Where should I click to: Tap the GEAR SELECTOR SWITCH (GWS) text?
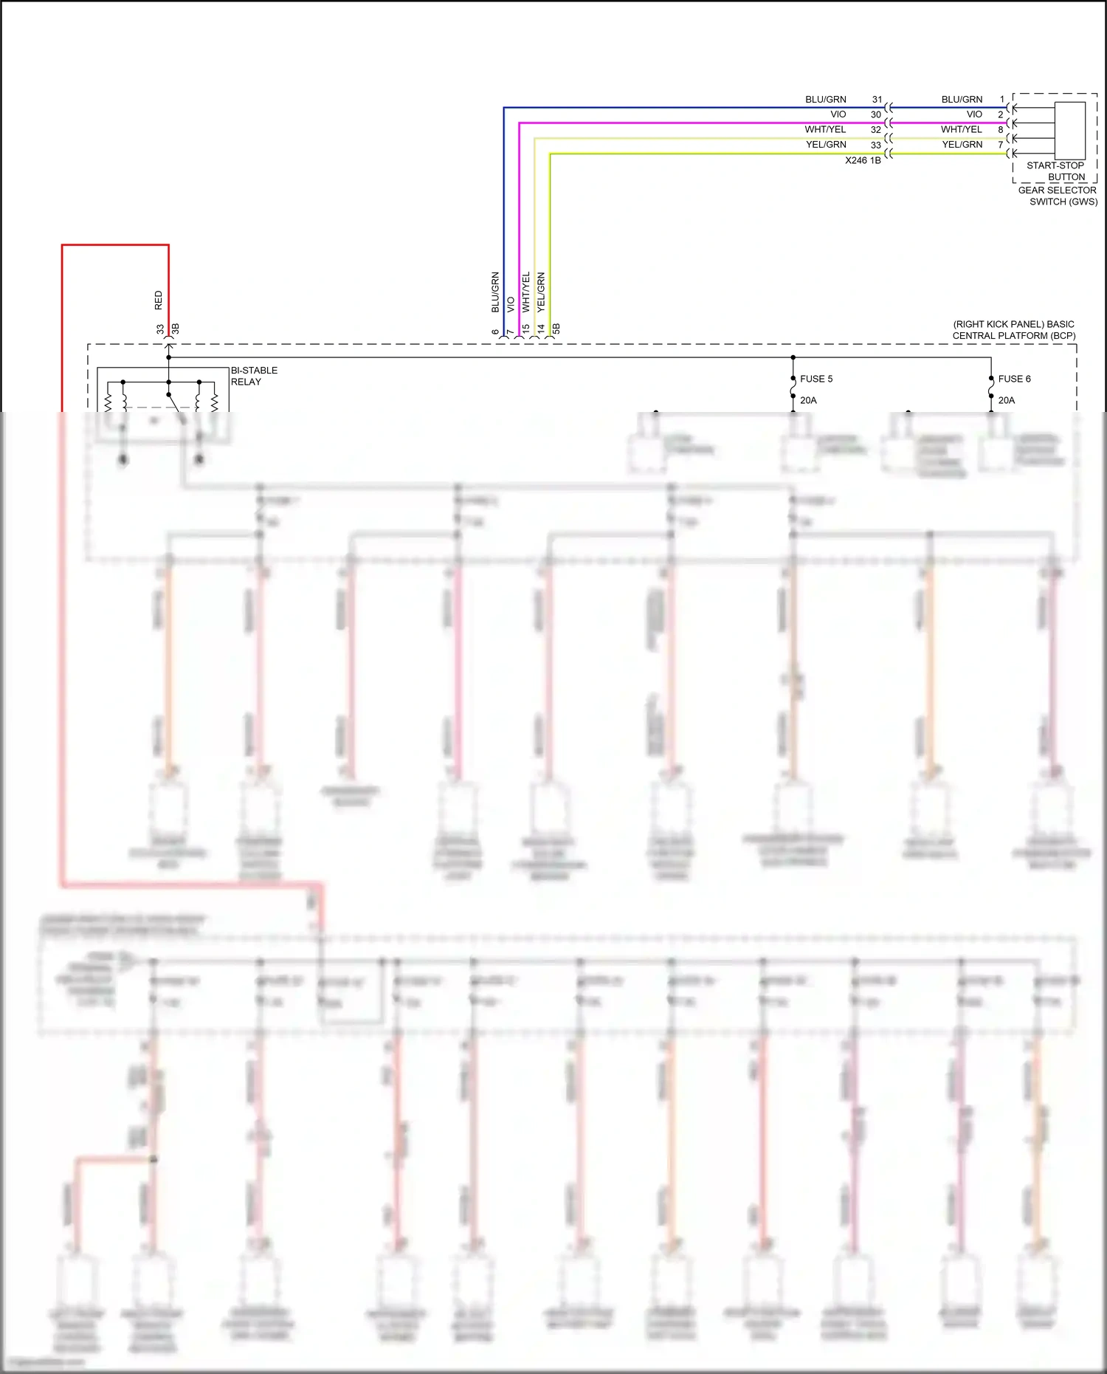click(x=1058, y=196)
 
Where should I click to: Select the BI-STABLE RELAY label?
click(x=254, y=376)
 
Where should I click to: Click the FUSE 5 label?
click(x=816, y=379)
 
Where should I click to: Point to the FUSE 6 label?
click(x=1014, y=379)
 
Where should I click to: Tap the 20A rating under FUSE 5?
click(x=808, y=400)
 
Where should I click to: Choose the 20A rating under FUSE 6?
click(x=1006, y=400)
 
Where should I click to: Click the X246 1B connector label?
click(x=863, y=160)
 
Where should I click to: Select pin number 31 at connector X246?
click(x=877, y=99)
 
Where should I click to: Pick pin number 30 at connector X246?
click(x=876, y=114)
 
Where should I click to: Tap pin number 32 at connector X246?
click(x=876, y=129)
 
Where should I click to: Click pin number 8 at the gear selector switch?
click(x=1001, y=129)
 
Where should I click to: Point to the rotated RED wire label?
click(x=159, y=300)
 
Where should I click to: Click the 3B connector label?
click(x=176, y=329)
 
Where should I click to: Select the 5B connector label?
click(x=556, y=329)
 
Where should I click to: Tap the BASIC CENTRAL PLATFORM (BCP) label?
click(x=1014, y=330)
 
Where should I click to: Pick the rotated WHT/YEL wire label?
click(x=526, y=291)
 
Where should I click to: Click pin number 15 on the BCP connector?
click(x=526, y=328)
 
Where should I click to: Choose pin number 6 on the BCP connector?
click(x=496, y=332)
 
